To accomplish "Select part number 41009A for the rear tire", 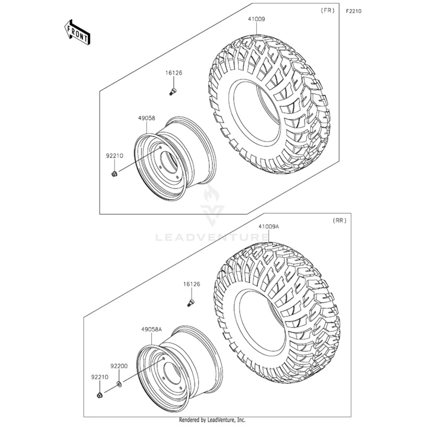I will [254, 226].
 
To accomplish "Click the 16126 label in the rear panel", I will [191, 285].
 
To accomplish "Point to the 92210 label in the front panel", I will [114, 156].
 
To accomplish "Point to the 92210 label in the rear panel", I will [100, 376].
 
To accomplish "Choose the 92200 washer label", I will [119, 366].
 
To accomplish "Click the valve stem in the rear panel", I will [190, 303].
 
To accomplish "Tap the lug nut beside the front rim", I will [114, 175].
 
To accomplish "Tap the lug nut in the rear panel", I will [100, 395].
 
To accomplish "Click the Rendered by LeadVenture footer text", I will [212, 420].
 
